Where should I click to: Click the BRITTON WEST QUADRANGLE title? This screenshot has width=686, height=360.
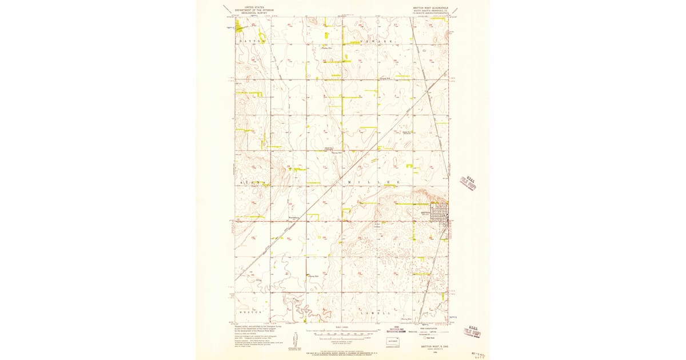[x=430, y=9]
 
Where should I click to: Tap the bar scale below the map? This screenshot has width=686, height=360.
[x=342, y=330]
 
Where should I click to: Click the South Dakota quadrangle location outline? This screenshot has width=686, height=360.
[x=392, y=342]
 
